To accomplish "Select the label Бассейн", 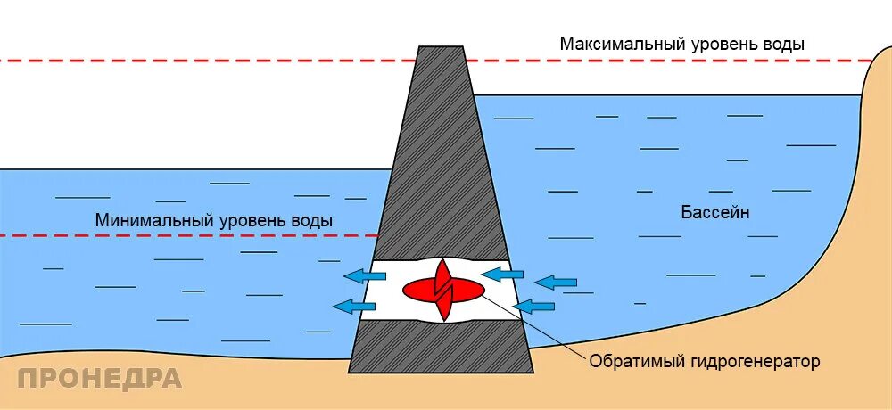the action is click(x=715, y=213).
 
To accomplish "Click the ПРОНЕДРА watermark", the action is click(x=99, y=378).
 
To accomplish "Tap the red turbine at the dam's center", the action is click(x=443, y=289).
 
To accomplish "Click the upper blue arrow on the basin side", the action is click(x=554, y=283).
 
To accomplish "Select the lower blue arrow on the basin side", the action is click(x=534, y=307).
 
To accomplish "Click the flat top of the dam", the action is click(x=441, y=47).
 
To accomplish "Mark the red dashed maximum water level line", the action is click(x=223, y=61).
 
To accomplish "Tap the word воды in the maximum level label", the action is click(x=788, y=44).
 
